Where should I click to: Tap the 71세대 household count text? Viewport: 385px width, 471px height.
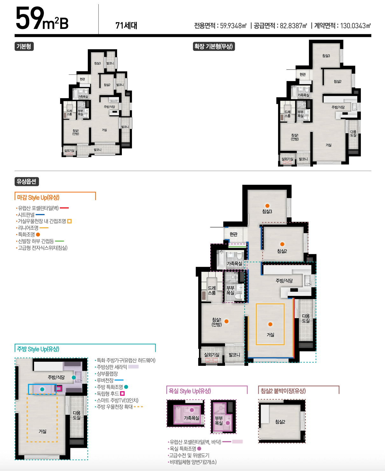coord(126,25)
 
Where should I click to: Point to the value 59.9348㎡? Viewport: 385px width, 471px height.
coord(233,26)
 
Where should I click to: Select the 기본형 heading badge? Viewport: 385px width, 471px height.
coord(24,46)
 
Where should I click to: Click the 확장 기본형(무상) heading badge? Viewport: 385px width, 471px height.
coord(214,46)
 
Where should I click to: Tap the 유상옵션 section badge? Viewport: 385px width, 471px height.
coord(27,181)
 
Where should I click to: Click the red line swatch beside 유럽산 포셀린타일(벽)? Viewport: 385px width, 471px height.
coord(64,208)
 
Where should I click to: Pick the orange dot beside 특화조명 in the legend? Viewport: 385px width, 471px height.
coord(38,235)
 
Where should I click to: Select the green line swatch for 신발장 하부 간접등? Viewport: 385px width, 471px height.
coord(59,241)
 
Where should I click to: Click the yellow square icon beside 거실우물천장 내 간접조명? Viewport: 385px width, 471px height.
coord(70,221)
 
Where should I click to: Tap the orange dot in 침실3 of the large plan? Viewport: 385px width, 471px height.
coord(267,206)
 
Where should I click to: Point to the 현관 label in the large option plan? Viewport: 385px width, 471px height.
coord(234,234)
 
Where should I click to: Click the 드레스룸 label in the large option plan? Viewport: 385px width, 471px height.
coord(212,290)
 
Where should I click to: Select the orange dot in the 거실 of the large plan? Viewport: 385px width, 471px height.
coord(270,324)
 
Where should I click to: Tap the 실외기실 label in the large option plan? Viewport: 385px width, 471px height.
coord(212,355)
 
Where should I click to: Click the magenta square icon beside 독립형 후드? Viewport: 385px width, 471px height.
coord(122,393)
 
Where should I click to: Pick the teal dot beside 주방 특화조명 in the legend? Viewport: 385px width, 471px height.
coord(126,387)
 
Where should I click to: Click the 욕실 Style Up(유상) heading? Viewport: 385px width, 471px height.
coord(190,391)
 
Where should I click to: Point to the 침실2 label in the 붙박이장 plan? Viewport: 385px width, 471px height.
coord(280,422)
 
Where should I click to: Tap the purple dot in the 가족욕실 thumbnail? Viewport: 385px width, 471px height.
coord(192,410)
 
